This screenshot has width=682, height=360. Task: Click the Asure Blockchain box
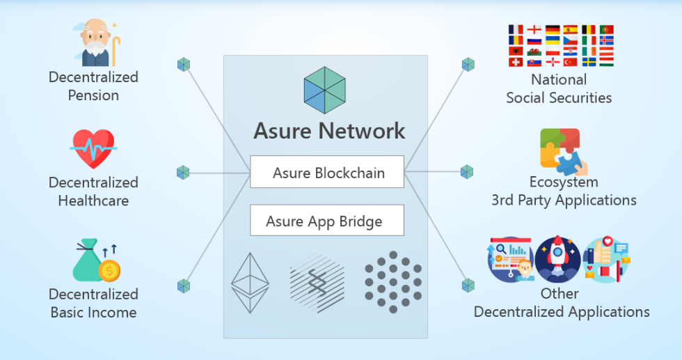tap(327, 171)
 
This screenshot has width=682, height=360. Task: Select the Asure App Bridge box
tap(327, 220)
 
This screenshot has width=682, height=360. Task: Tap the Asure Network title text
tap(329, 131)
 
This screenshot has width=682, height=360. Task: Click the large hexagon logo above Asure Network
tap(324, 90)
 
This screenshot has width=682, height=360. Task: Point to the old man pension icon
tap(97, 42)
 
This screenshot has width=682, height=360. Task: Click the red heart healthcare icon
tap(93, 149)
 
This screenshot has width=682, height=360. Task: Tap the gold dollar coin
tap(109, 271)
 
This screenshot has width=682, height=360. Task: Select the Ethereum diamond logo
tap(250, 283)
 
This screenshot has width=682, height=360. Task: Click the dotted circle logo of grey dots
tap(393, 281)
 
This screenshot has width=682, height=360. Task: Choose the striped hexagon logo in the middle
tap(317, 283)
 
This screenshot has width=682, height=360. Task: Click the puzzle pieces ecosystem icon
tap(564, 152)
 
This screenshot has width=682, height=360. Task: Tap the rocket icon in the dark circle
tap(557, 260)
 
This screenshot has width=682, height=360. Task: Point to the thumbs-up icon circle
tap(606, 260)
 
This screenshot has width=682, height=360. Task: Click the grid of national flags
tap(561, 46)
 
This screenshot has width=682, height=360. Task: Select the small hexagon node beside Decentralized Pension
tap(184, 65)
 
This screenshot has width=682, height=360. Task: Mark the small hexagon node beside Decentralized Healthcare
tap(183, 173)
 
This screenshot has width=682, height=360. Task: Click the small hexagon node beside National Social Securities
tap(468, 65)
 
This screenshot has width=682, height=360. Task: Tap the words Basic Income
tap(93, 313)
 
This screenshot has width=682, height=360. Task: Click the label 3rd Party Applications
tap(564, 201)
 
